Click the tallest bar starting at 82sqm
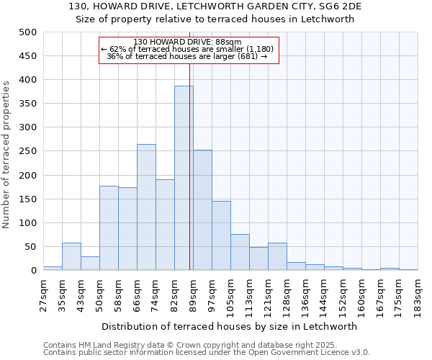184,178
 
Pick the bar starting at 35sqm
71,256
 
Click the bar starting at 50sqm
109,228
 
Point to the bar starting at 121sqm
277,256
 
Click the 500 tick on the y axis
28,32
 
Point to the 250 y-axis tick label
28,151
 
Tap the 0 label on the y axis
33,271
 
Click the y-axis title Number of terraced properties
6,154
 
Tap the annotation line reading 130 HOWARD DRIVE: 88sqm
188,42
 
